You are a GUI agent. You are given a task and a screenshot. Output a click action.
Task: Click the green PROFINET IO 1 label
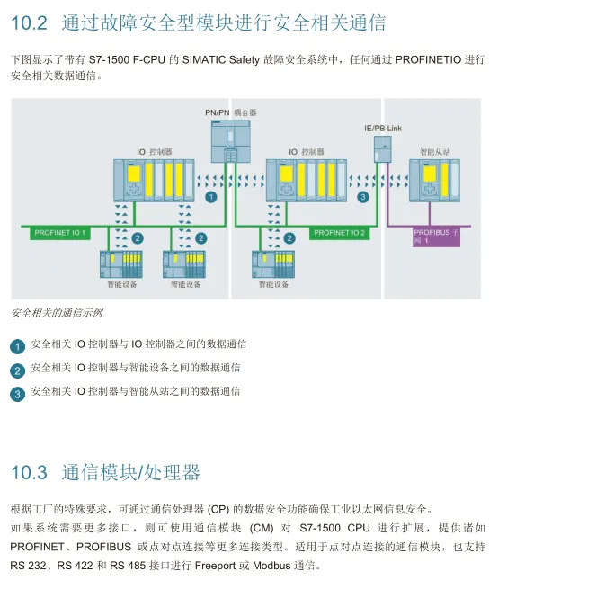pyautogui.click(x=60, y=233)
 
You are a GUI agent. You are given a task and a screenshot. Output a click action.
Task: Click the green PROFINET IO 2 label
pyautogui.click(x=340, y=233)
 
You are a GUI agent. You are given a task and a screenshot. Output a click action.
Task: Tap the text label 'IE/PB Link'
pyautogui.click(x=382, y=129)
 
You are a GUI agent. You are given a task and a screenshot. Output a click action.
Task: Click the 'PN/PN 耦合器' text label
pyautogui.click(x=231, y=112)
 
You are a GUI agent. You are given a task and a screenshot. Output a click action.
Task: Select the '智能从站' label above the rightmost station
pyautogui.click(x=433, y=152)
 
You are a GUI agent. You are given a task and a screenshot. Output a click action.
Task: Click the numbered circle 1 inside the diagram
pyautogui.click(x=211, y=195)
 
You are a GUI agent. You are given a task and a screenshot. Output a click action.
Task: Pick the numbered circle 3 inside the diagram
pyautogui.click(x=363, y=195)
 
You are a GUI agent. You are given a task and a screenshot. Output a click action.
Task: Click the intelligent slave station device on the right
pyautogui.click(x=434, y=180)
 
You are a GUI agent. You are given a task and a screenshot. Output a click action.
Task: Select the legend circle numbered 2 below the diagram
pyautogui.click(x=17, y=370)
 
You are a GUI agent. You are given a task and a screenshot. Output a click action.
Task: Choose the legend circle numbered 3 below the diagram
pyautogui.click(x=17, y=394)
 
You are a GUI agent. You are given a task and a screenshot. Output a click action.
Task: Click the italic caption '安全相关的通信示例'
pyautogui.click(x=57, y=313)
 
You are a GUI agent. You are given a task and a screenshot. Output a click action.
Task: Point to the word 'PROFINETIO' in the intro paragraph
pyautogui.click(x=427, y=59)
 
